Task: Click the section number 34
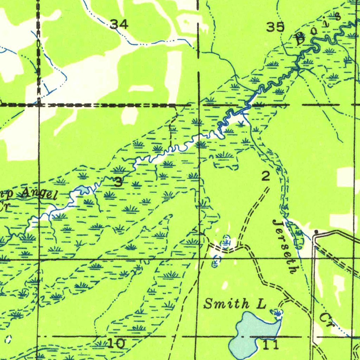coord(119,24)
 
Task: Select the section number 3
coord(118,182)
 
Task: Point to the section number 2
coord(266,176)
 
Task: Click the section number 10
coord(116,343)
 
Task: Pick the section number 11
coord(271,345)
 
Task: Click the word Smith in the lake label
coord(226,304)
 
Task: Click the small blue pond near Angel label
coord(84,190)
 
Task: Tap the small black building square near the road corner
coord(316,232)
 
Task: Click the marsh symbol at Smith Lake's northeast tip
coord(277,312)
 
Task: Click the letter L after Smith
coord(261,304)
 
